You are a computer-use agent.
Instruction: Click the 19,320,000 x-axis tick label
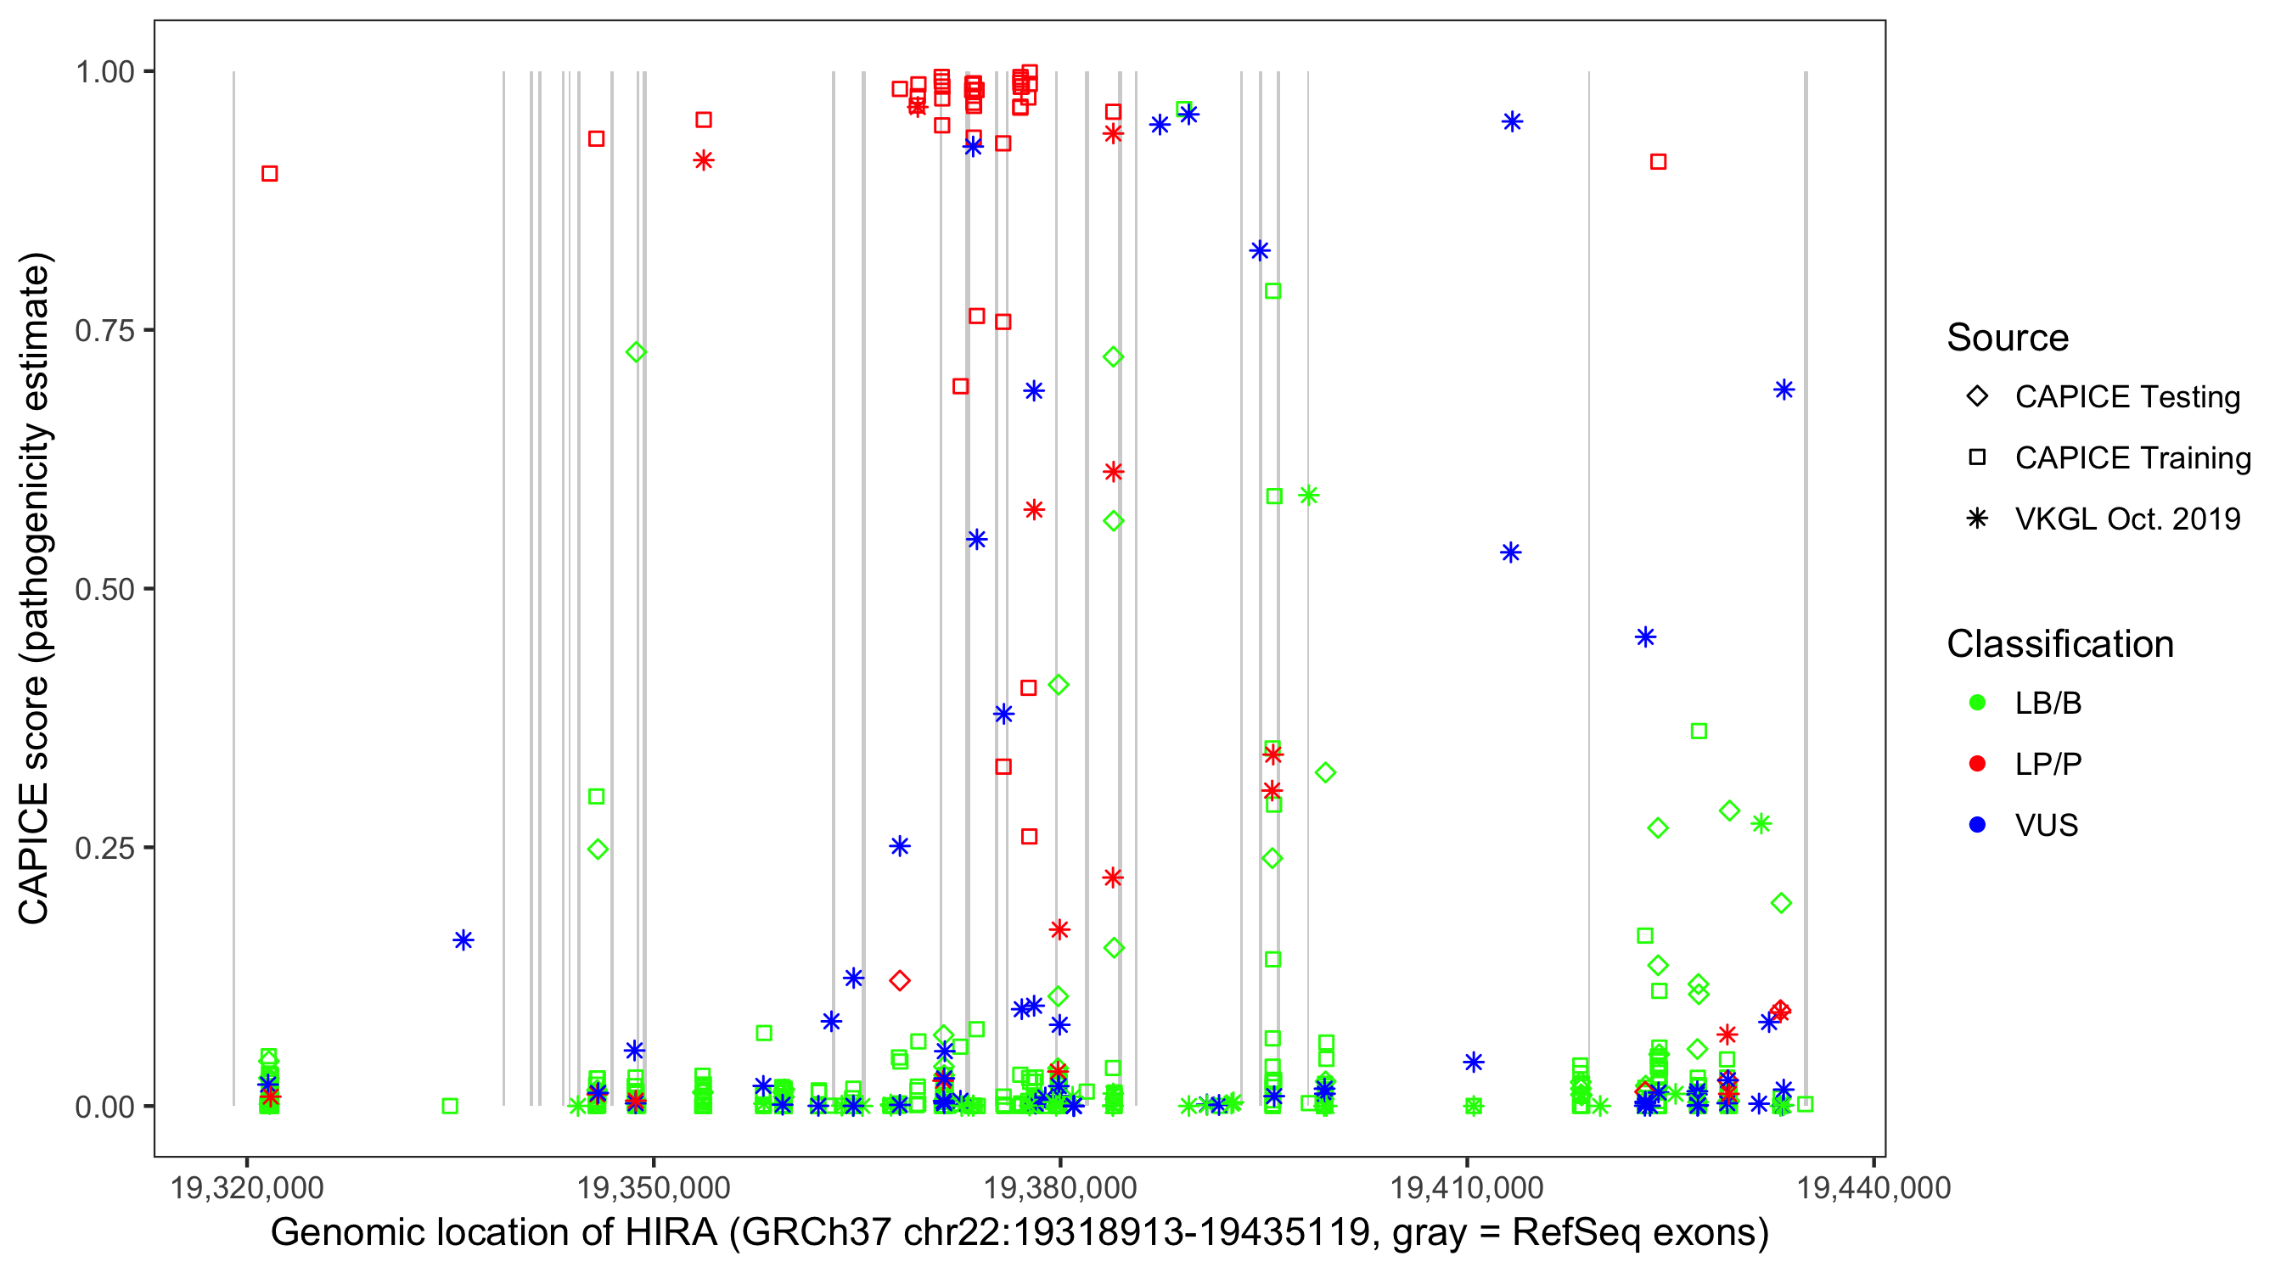pyautogui.click(x=246, y=1187)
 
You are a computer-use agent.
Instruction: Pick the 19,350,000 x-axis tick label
pyautogui.click(x=653, y=1187)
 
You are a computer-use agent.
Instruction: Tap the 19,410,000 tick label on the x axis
pyautogui.click(x=1466, y=1187)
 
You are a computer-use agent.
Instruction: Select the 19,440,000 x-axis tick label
pyautogui.click(x=1873, y=1187)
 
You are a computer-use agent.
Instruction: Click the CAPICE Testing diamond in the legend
pyautogui.click(x=1977, y=397)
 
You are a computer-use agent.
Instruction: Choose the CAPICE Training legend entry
pyautogui.click(x=2132, y=458)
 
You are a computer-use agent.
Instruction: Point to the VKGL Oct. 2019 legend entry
pyautogui.click(x=2126, y=519)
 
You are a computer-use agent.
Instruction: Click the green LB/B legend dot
pyautogui.click(x=1977, y=703)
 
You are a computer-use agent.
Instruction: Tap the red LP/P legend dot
pyautogui.click(x=1977, y=764)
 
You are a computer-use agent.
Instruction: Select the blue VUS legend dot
pyautogui.click(x=1977, y=825)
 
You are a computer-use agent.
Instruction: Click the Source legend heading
pyautogui.click(x=2008, y=338)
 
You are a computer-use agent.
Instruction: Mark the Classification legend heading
pyautogui.click(x=2059, y=644)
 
